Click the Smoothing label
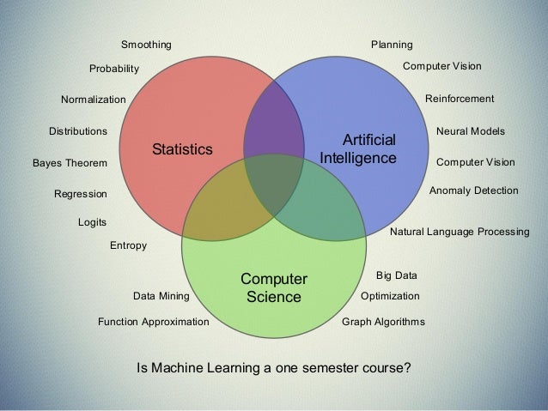click(x=146, y=44)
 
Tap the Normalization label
click(x=93, y=100)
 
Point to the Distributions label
click(x=77, y=132)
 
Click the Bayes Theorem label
click(x=70, y=163)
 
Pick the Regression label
click(x=81, y=195)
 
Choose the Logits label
click(x=92, y=221)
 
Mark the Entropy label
click(x=129, y=246)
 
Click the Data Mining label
click(x=161, y=296)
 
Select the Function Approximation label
click(x=153, y=323)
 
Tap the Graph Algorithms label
click(x=383, y=323)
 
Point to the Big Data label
click(x=397, y=275)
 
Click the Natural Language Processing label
click(x=460, y=232)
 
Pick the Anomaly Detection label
click(x=473, y=190)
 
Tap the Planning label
click(x=391, y=44)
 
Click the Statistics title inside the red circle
click(x=182, y=149)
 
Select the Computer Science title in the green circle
click(x=273, y=289)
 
